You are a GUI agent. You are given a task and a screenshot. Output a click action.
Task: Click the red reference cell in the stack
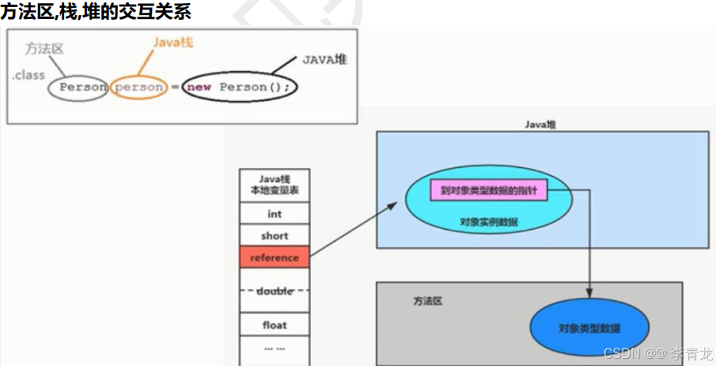(x=274, y=257)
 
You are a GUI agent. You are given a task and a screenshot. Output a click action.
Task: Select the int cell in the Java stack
(x=274, y=214)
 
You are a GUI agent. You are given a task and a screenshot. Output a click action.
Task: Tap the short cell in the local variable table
(x=274, y=235)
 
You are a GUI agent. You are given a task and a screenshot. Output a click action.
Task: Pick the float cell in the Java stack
(x=274, y=325)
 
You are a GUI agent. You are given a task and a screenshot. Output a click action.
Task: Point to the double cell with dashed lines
(x=274, y=292)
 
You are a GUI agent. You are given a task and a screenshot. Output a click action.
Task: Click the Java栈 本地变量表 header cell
(x=274, y=185)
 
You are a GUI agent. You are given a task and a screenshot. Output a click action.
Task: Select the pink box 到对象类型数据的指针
(x=488, y=190)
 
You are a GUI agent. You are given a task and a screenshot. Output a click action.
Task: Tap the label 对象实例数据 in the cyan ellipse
(x=488, y=223)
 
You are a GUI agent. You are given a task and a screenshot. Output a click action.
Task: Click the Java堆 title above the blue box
(x=541, y=124)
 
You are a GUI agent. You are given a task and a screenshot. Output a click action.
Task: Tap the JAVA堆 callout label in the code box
(x=324, y=59)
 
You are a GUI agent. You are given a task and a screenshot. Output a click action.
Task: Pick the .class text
(x=28, y=75)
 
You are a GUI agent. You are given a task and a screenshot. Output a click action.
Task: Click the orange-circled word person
(x=138, y=87)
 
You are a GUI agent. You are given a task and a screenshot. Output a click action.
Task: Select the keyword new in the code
(x=199, y=87)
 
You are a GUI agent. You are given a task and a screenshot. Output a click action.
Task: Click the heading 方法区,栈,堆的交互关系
(x=95, y=12)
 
